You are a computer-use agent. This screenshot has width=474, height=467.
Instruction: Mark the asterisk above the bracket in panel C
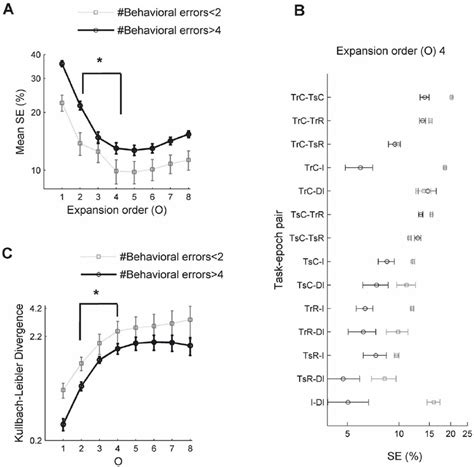[96, 293]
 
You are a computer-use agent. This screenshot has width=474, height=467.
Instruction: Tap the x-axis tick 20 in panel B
[451, 436]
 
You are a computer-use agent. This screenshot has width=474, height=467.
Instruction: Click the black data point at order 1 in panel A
[62, 64]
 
